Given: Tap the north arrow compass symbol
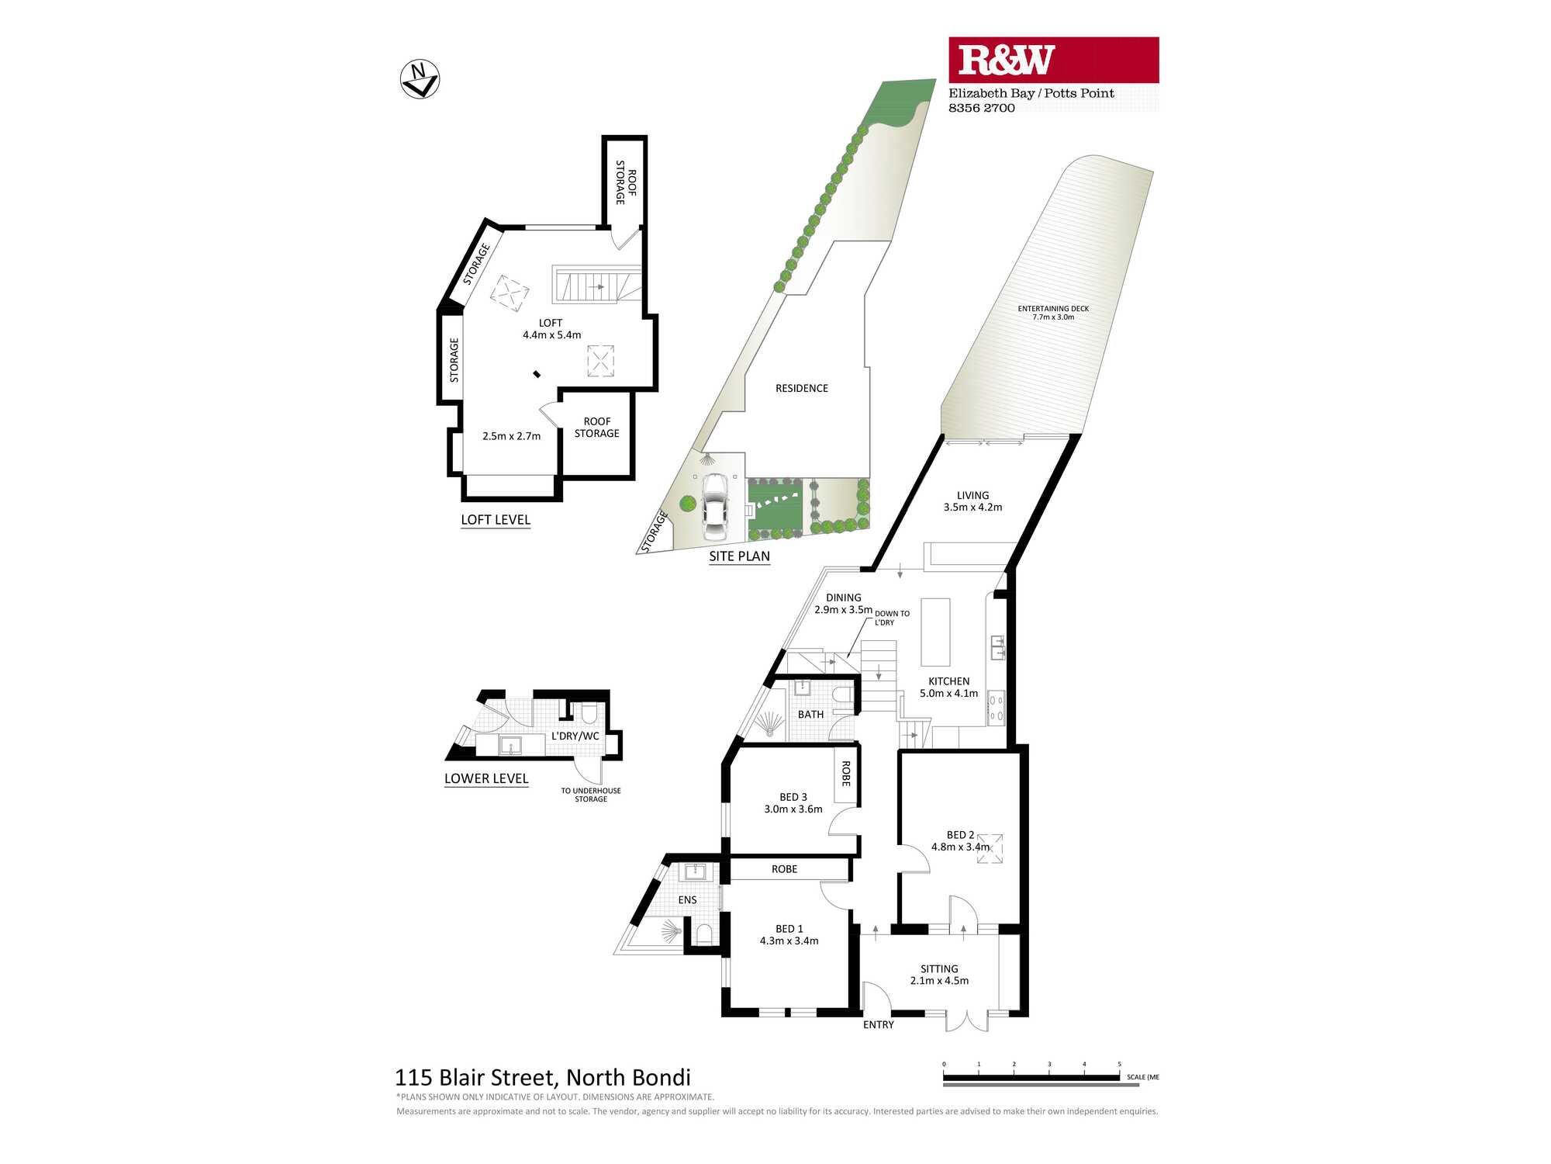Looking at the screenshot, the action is tap(420, 79).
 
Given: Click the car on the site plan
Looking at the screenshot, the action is tap(714, 508).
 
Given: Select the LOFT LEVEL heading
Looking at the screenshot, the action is tap(496, 520).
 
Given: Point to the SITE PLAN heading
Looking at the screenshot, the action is tap(739, 556).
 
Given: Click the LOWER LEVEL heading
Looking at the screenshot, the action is tap(486, 778).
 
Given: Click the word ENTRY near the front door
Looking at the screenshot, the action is tap(879, 1025).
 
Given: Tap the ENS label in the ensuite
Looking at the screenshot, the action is tap(687, 900).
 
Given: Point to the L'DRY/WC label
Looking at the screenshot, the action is tap(575, 736).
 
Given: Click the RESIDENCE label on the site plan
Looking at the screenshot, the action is tap(802, 388).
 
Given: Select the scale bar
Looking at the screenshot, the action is tap(1031, 1077).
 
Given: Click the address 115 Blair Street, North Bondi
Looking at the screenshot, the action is tap(543, 1078).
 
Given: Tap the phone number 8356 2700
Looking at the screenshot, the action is tap(982, 108).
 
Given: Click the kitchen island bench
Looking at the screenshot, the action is tap(935, 632).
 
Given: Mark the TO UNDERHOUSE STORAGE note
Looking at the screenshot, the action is tap(591, 795).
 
